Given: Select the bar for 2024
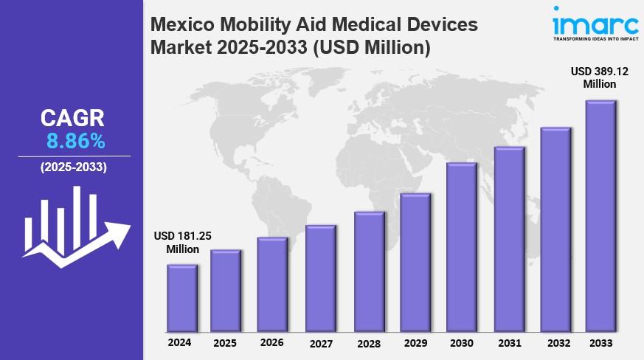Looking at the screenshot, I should (x=181, y=298).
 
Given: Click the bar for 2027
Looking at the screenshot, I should (x=320, y=279).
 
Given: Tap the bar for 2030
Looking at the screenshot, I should (x=461, y=247).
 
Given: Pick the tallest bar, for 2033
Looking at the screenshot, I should (x=600, y=216).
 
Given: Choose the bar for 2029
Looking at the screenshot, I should (x=415, y=263).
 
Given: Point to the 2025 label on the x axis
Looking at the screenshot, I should (x=225, y=343).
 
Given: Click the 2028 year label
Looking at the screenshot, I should (x=367, y=343).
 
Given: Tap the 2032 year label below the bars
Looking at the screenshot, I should (x=553, y=343).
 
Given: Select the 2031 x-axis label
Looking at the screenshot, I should (x=508, y=343).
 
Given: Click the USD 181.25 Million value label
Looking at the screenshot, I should (x=182, y=242).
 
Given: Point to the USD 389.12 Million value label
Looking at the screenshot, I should (x=599, y=77).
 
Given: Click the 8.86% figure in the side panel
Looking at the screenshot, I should (x=74, y=141).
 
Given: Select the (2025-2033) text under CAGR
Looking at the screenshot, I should (x=73, y=167).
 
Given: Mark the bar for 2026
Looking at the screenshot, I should (x=272, y=285).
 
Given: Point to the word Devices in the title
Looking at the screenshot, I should (x=441, y=24).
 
